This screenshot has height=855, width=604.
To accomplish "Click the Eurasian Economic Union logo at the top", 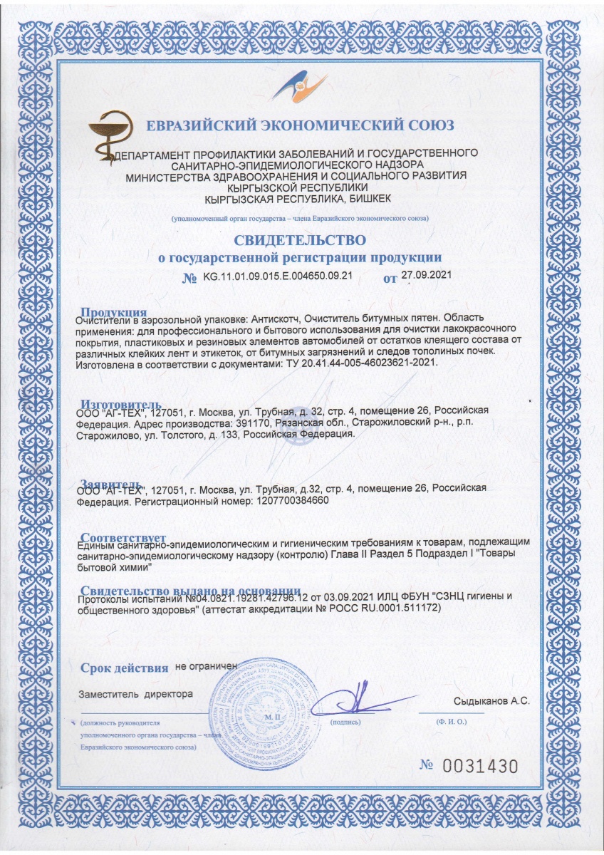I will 302,93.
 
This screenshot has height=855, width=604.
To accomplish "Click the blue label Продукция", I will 114,311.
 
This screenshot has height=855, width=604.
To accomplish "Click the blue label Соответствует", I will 123,537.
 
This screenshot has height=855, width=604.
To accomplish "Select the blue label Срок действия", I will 124,668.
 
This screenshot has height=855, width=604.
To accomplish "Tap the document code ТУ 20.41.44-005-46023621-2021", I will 360,363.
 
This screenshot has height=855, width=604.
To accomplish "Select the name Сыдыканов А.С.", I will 491,701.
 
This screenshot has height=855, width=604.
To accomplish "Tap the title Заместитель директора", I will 135,693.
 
